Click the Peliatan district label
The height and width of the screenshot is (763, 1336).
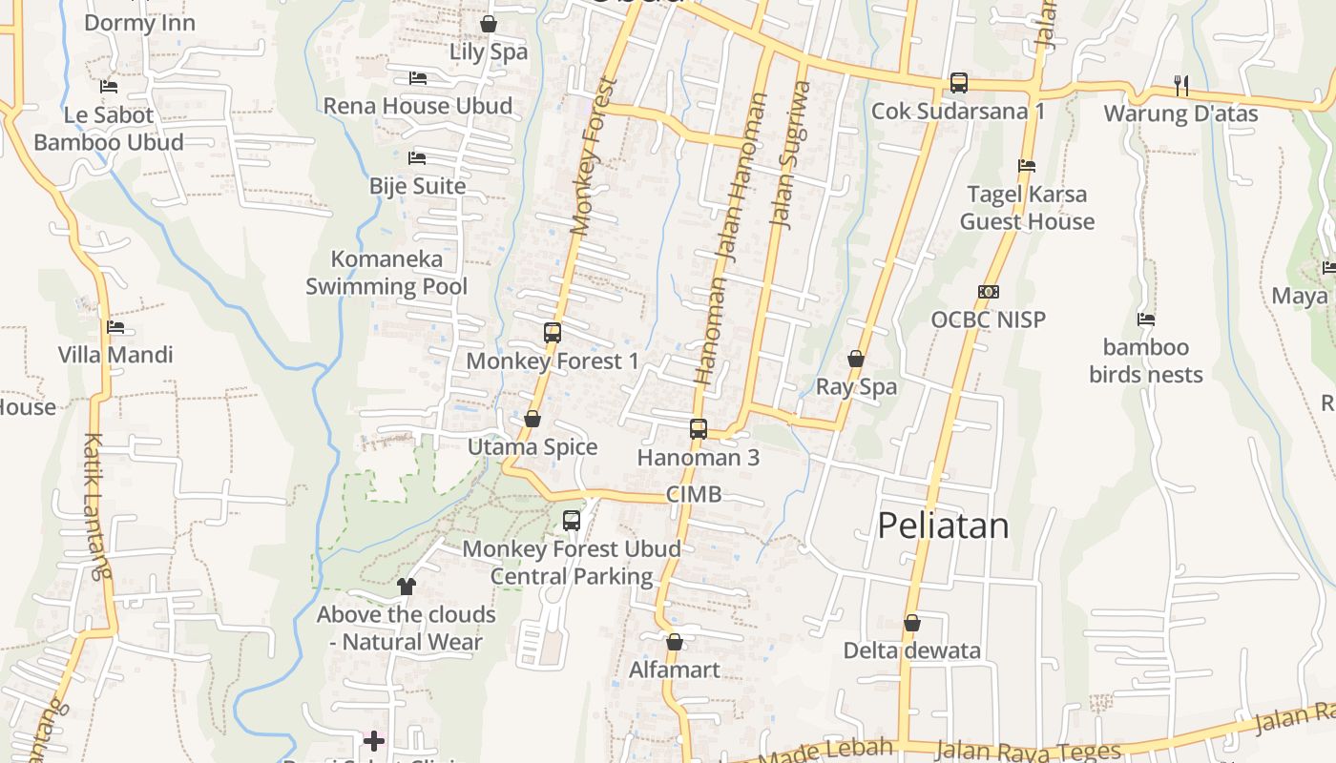[943, 526]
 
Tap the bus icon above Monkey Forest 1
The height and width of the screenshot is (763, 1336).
[553, 333]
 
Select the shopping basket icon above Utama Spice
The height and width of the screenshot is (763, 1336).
[532, 419]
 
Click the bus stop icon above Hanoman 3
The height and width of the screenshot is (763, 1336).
[699, 428]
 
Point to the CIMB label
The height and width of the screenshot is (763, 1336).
[693, 494]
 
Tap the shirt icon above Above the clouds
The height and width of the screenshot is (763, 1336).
[407, 586]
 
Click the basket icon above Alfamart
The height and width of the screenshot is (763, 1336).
[675, 642]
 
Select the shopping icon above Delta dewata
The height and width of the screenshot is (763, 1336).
[912, 623]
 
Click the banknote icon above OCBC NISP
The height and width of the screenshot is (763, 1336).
[989, 291]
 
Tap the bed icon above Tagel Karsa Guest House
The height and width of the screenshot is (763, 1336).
[1027, 166]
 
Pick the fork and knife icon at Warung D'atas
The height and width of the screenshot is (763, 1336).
[1181, 85]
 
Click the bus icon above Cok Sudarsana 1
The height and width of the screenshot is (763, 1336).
[959, 83]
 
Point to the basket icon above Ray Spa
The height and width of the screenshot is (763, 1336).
[856, 359]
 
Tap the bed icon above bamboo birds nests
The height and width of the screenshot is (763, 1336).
[1146, 319]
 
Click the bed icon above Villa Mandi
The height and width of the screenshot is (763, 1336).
[115, 326]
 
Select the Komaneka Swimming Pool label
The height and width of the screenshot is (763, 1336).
[386, 273]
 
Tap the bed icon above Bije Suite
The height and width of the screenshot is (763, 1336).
[417, 157]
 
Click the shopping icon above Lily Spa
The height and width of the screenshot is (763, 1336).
[489, 24]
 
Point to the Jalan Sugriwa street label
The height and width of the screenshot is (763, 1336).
[790, 155]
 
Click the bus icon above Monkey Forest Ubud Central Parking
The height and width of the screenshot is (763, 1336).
[572, 521]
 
